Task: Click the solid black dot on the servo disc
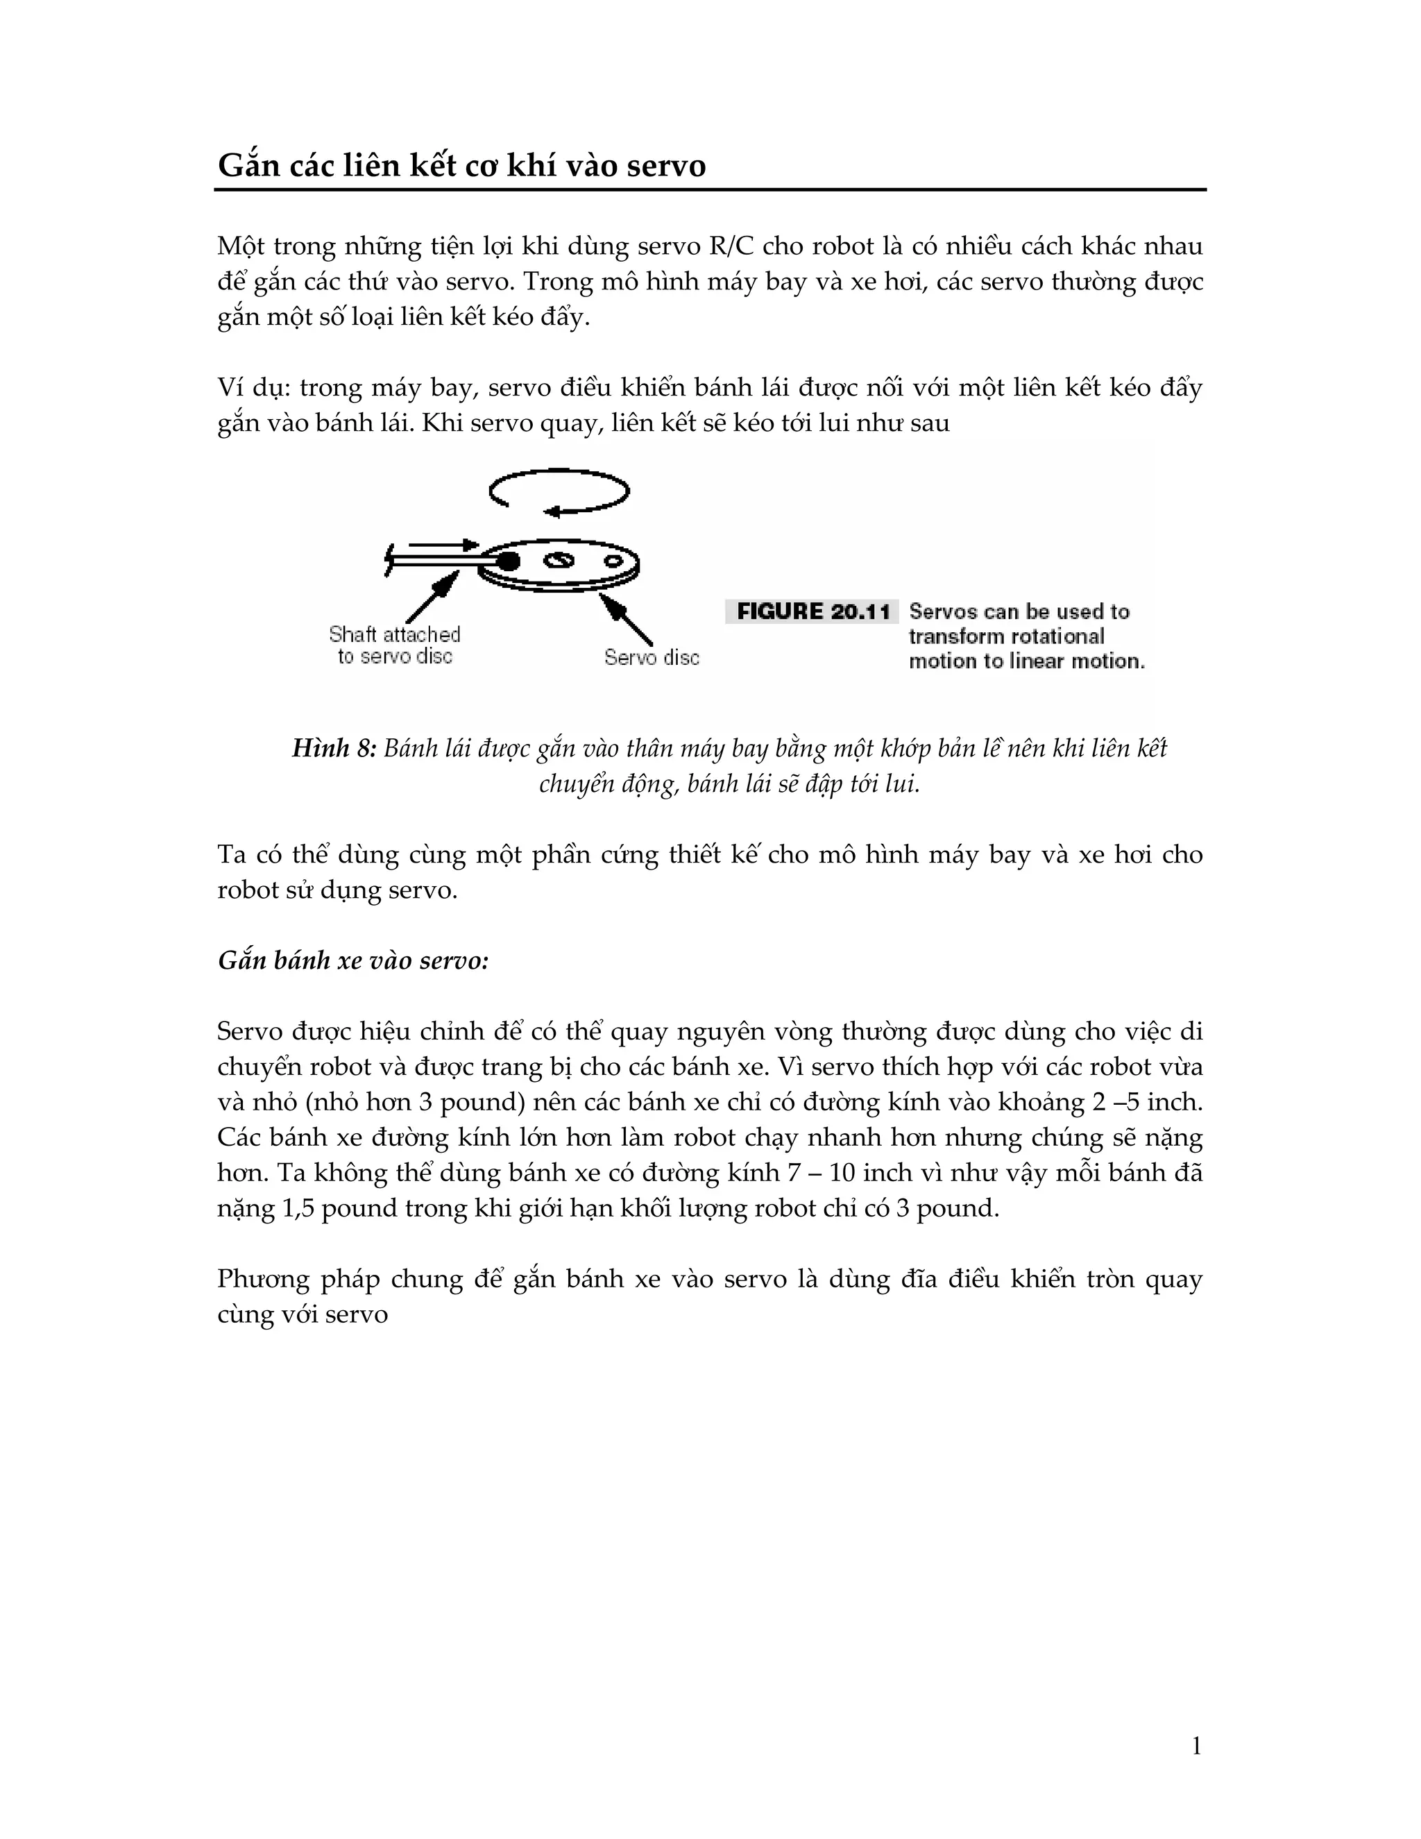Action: pos(508,560)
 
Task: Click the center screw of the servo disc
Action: pos(558,561)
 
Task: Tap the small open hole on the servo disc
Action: pos(612,560)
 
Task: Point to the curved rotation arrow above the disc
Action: pos(560,491)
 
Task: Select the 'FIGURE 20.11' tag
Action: pos(812,612)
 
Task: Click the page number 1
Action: pos(1196,1747)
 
